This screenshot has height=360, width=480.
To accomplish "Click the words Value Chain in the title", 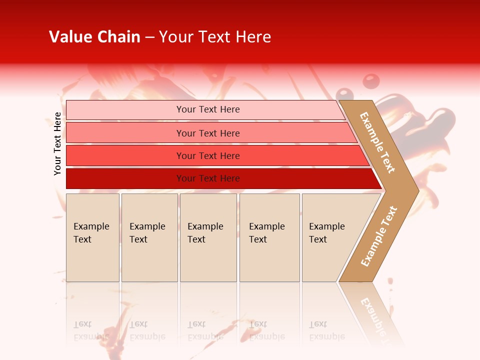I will (94, 37).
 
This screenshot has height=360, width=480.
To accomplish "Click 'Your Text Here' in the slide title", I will (215, 37).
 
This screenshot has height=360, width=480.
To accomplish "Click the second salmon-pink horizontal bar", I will (208, 133).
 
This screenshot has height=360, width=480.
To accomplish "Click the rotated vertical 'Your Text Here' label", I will (57, 143).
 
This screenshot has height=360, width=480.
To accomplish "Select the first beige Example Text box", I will (92, 237).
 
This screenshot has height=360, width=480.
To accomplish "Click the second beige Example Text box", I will (149, 237).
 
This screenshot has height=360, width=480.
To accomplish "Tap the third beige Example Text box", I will (208, 237).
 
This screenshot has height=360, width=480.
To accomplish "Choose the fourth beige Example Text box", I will (269, 237).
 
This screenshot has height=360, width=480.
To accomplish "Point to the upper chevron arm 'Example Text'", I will (377, 142).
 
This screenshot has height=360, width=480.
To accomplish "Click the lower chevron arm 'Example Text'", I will (379, 236).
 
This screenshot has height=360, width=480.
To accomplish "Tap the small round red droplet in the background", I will (370, 80).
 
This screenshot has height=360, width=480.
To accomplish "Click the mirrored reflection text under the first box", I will (91, 330).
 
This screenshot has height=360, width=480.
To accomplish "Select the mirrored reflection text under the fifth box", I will (326, 330).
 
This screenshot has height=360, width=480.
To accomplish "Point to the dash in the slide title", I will (149, 37).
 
